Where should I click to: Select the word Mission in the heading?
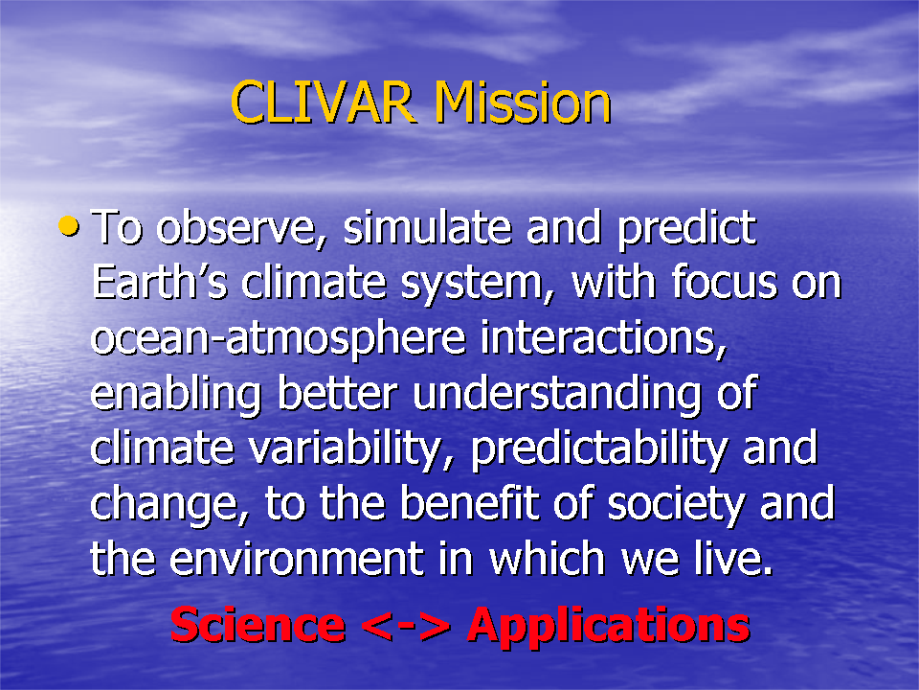click(x=523, y=103)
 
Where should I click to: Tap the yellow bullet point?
click(x=69, y=226)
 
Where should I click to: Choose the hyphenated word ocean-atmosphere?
click(x=279, y=339)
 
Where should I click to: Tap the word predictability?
click(x=599, y=450)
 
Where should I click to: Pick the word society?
click(x=677, y=506)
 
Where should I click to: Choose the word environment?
click(x=297, y=558)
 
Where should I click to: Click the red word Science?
click(x=258, y=625)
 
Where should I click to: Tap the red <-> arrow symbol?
click(x=406, y=626)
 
